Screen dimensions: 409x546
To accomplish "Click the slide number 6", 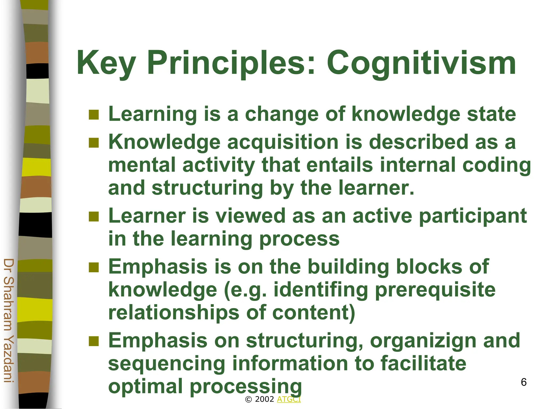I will [x=524, y=382].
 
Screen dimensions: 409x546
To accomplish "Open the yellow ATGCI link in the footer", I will [x=289, y=399].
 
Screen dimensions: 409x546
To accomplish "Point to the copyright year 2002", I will [x=264, y=399].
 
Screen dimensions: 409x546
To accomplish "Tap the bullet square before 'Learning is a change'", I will [x=94, y=115].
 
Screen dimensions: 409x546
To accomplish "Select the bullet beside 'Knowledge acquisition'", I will [x=94, y=143].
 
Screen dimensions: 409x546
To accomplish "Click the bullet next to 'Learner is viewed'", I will [x=94, y=216].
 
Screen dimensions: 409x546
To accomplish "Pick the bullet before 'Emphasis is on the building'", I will [x=94, y=267].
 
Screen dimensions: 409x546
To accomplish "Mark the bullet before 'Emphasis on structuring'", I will [x=94, y=341].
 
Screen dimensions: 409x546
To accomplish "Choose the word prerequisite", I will [x=435, y=290].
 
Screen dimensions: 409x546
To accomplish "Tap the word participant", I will [x=473, y=216].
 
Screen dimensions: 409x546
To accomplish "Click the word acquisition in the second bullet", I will [x=283, y=142].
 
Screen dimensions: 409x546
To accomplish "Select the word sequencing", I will [x=167, y=364].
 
